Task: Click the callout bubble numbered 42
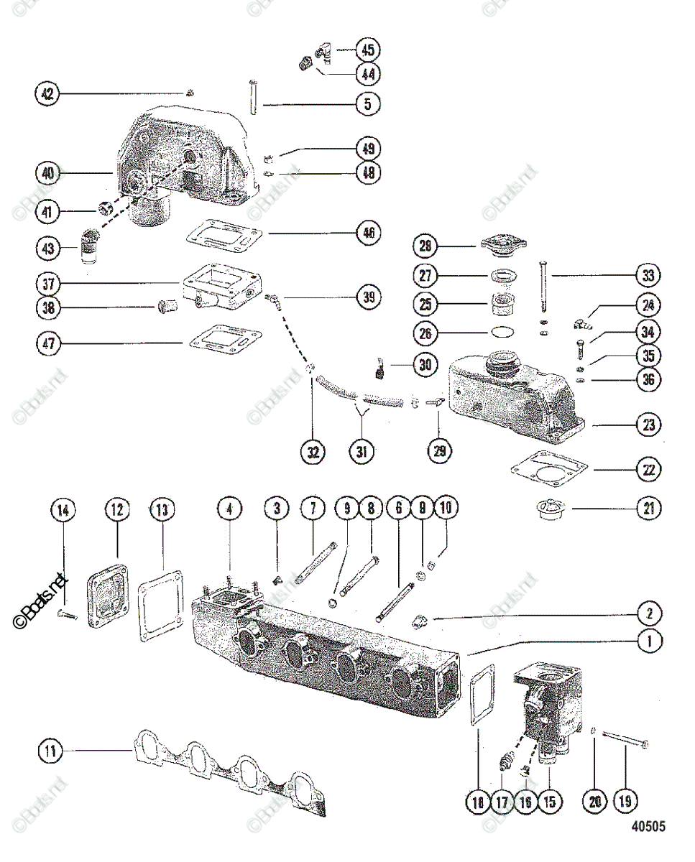[x=47, y=93]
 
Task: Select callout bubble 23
[x=650, y=425]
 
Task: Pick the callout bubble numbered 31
[x=362, y=452]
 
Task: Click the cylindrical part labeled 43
[x=90, y=247]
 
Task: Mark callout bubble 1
[x=650, y=641]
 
